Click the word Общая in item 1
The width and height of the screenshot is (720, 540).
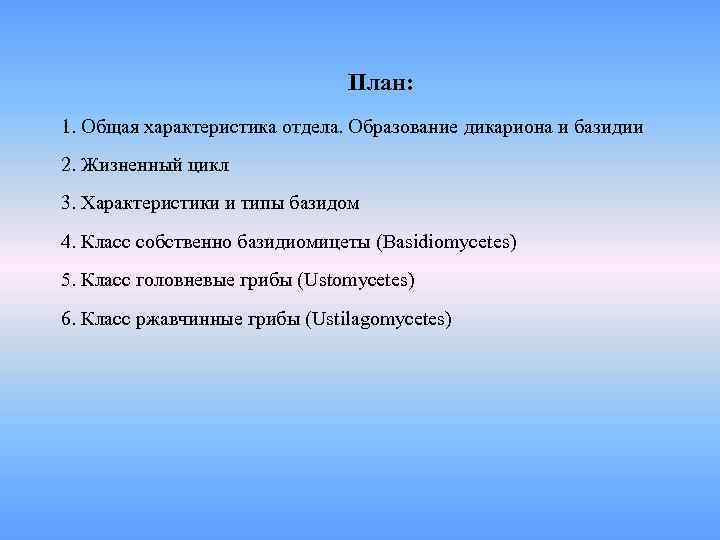(109, 128)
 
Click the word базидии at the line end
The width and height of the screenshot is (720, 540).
(609, 128)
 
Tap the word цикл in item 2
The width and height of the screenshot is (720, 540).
(206, 166)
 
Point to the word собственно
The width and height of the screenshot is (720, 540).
(185, 242)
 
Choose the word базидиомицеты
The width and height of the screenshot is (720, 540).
(303, 242)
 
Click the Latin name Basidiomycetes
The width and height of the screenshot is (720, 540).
(445, 242)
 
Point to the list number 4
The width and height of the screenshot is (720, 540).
(65, 242)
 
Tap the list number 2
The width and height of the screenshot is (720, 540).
(65, 166)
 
